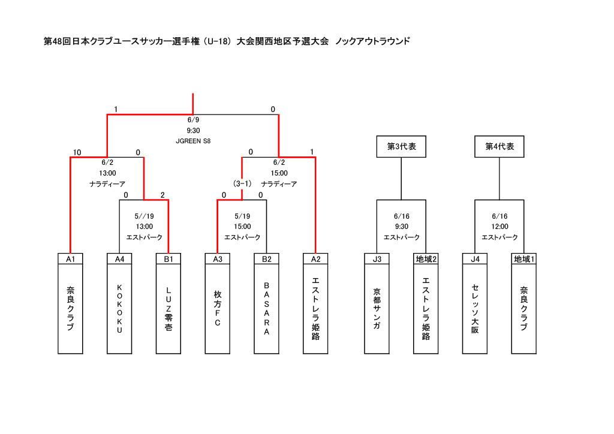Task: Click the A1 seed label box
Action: click(71, 259)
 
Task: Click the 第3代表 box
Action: click(401, 147)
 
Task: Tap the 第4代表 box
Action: click(499, 147)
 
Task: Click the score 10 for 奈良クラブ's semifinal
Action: click(77, 152)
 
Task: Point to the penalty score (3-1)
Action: click(242, 184)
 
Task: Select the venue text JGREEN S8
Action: click(193, 141)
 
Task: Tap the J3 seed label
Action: click(377, 259)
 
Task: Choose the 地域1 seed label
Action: click(524, 259)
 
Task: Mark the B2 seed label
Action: click(267, 259)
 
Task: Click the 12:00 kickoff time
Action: click(499, 227)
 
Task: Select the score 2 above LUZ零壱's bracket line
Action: click(162, 195)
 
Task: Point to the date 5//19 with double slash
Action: click(144, 216)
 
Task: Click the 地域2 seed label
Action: click(426, 259)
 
